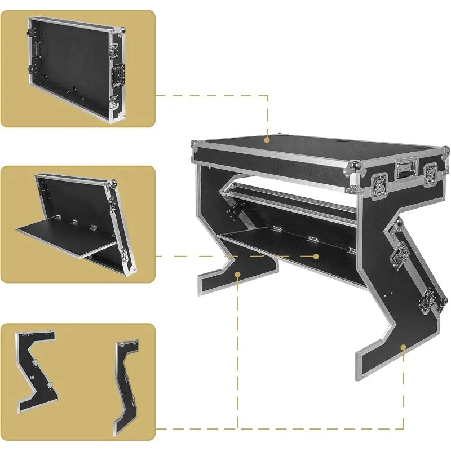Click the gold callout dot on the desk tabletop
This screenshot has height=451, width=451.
coord(267,137)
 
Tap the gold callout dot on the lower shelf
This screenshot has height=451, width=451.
coord(316,256)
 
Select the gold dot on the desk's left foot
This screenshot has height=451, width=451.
coord(238,275)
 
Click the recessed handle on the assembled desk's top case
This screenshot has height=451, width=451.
coord(405,169)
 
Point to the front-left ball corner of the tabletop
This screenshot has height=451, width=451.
coord(354,167)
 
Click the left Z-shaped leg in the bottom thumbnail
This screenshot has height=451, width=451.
coord(35,369)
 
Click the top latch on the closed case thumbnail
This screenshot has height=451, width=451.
coord(113,50)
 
